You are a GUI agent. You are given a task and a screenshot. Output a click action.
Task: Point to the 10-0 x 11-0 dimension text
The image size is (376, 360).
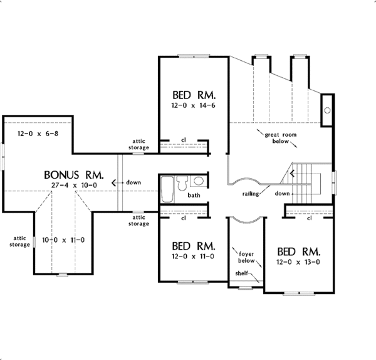point(63,240)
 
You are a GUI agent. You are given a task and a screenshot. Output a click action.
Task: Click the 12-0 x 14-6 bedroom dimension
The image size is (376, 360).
point(194,109)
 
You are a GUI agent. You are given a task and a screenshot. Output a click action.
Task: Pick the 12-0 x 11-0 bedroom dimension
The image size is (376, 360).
point(194,257)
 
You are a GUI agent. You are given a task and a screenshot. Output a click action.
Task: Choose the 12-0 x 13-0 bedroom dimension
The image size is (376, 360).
point(299,263)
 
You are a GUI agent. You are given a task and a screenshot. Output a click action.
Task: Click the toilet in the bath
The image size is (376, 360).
point(182,183)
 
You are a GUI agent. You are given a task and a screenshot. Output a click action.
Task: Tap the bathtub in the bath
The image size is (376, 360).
point(167,189)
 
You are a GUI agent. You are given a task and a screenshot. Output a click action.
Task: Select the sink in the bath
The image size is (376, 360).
point(198,182)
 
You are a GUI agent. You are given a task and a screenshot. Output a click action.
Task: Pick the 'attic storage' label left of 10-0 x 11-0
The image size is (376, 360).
point(19,240)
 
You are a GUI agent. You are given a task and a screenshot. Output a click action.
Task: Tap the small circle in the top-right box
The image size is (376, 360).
point(326,110)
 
